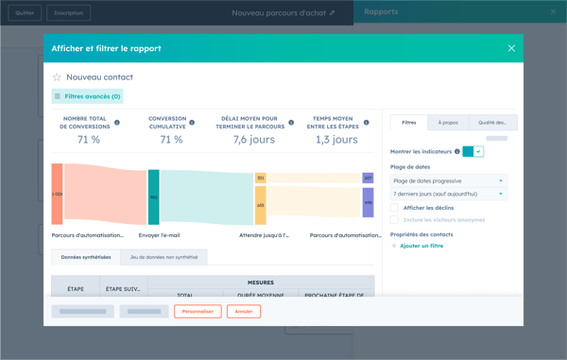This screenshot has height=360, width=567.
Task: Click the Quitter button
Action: click(25, 13)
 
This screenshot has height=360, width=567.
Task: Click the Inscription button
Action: click(68, 13)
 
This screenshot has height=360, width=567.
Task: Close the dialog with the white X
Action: click(511, 48)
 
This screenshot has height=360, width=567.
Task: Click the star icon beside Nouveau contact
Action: click(57, 77)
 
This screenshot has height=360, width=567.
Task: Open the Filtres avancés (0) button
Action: click(88, 96)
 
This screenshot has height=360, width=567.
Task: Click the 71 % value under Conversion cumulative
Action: click(171, 140)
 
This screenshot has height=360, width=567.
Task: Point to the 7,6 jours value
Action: click(253, 140)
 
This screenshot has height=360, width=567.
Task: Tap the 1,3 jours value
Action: click(336, 140)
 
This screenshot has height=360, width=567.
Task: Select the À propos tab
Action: click(448, 123)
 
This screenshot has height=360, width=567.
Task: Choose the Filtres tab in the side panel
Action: click(408, 123)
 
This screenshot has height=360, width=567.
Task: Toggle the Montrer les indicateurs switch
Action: click(473, 151)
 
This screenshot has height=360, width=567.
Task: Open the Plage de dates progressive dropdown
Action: click(448, 180)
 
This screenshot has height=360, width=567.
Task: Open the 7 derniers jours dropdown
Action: click(448, 194)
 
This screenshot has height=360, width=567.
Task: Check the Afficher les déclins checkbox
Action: click(395, 208)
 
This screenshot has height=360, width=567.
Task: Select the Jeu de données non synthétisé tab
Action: click(163, 257)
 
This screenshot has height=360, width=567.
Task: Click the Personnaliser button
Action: click(198, 311)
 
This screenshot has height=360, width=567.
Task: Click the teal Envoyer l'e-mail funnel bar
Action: click(153, 197)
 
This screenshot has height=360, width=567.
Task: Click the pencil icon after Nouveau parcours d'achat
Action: click(332, 13)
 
